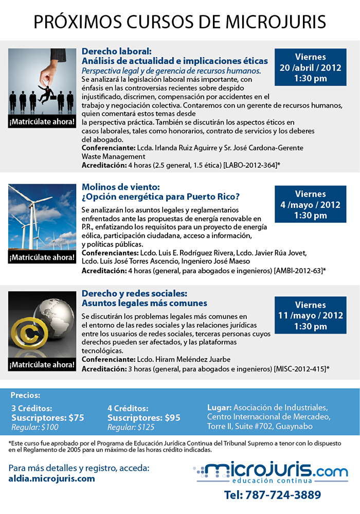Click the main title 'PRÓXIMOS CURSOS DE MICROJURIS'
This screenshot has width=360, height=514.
(x=180, y=22)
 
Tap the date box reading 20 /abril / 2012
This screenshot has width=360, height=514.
(x=310, y=67)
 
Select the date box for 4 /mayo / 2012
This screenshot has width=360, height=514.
(x=310, y=204)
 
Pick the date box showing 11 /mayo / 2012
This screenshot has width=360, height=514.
(x=310, y=315)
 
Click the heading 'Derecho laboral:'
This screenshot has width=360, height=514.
(x=117, y=51)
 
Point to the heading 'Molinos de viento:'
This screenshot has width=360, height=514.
(x=121, y=187)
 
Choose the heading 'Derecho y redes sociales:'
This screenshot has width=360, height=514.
(x=134, y=293)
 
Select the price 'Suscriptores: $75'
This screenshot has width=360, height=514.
(x=48, y=418)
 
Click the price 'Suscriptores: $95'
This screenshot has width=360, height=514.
(x=144, y=418)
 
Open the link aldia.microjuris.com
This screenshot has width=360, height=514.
(x=52, y=478)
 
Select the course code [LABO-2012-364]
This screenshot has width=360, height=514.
(x=251, y=165)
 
